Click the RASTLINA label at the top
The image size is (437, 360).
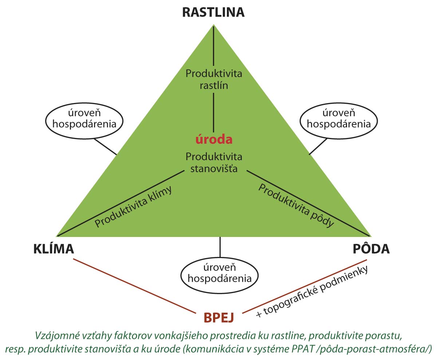click(x=213, y=12)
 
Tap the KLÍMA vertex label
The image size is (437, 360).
click(x=54, y=249)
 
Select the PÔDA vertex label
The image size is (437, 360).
click(x=371, y=249)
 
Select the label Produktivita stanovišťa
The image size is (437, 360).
click(x=213, y=163)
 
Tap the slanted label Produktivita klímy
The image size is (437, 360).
click(x=133, y=208)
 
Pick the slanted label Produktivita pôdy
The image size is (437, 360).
click(x=296, y=206)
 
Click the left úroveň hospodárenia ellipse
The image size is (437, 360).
click(x=84, y=119)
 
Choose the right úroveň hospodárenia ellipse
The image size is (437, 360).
click(x=339, y=119)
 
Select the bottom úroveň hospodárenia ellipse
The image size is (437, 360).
click(x=220, y=274)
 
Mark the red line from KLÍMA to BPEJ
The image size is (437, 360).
click(x=135, y=285)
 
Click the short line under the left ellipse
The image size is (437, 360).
click(x=105, y=146)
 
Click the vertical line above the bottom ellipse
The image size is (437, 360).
click(x=220, y=248)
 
